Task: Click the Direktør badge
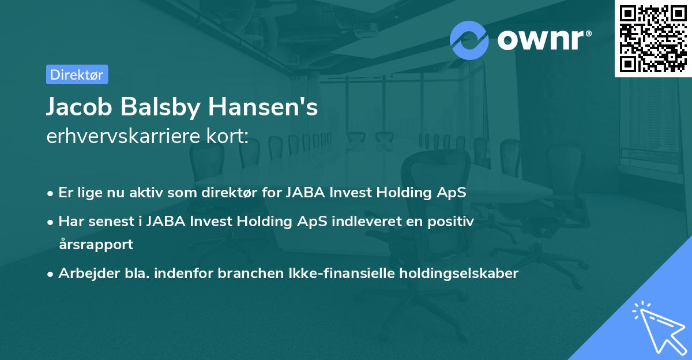pyautogui.click(x=77, y=74)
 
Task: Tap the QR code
pyautogui.click(x=653, y=38)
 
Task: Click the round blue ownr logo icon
pyautogui.click(x=469, y=40)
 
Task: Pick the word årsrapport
pyautogui.click(x=96, y=244)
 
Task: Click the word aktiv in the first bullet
pyautogui.click(x=148, y=193)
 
